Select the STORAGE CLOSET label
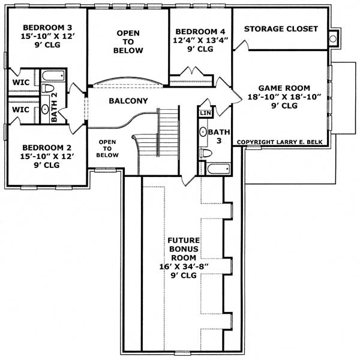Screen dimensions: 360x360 [280, 29]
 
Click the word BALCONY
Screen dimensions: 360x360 [128, 101]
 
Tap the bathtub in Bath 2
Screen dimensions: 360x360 [53, 76]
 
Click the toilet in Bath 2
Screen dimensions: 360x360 [48, 89]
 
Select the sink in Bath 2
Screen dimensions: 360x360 [45, 110]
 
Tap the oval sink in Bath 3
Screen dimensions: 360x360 [203, 132]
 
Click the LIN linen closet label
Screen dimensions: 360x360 [205, 113]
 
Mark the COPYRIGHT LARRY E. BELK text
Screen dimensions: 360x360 [281, 142]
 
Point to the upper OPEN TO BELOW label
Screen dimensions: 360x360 [129, 41]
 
